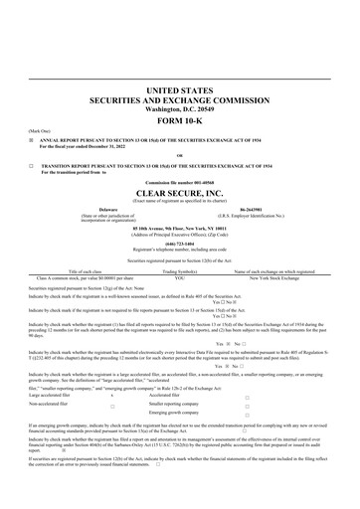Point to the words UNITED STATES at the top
coord(179,90)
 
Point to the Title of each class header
coord(79,270)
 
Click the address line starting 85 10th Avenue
coord(179,225)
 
